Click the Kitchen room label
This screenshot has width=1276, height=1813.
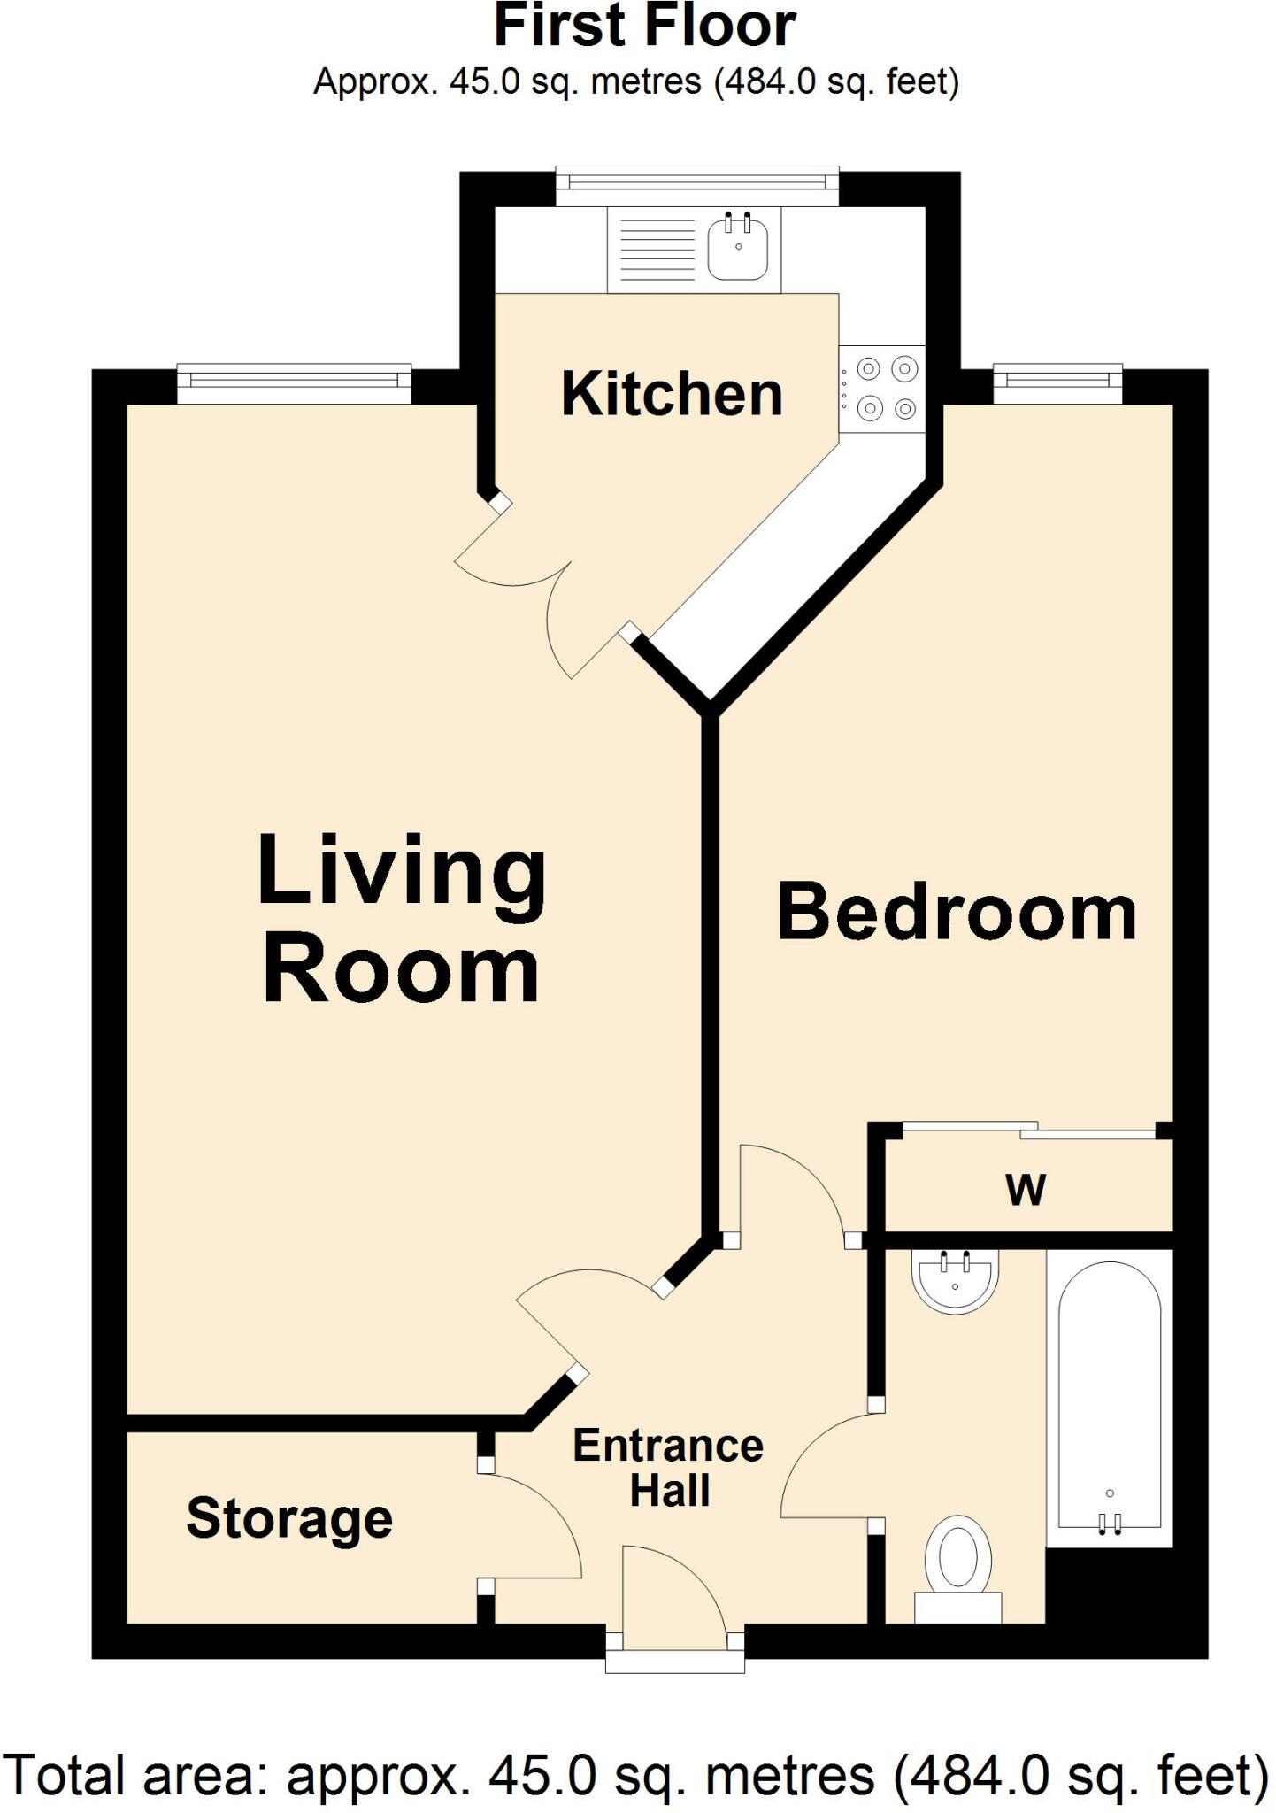pyautogui.click(x=672, y=395)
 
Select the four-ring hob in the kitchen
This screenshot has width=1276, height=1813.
pyautogui.click(x=882, y=389)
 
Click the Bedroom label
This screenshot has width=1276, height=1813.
pyautogui.click(x=957, y=913)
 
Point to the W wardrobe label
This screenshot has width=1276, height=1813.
pyautogui.click(x=1026, y=1190)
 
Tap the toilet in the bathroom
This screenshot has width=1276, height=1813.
pyautogui.click(x=957, y=1562)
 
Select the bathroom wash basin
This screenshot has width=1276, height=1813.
pyautogui.click(x=956, y=1279)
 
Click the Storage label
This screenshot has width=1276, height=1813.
pyautogui.click(x=289, y=1519)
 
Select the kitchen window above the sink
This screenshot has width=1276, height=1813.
pyautogui.click(x=696, y=183)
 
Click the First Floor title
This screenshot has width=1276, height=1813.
pyautogui.click(x=645, y=27)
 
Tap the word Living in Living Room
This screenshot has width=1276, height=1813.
pyautogui.click(x=402, y=873)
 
